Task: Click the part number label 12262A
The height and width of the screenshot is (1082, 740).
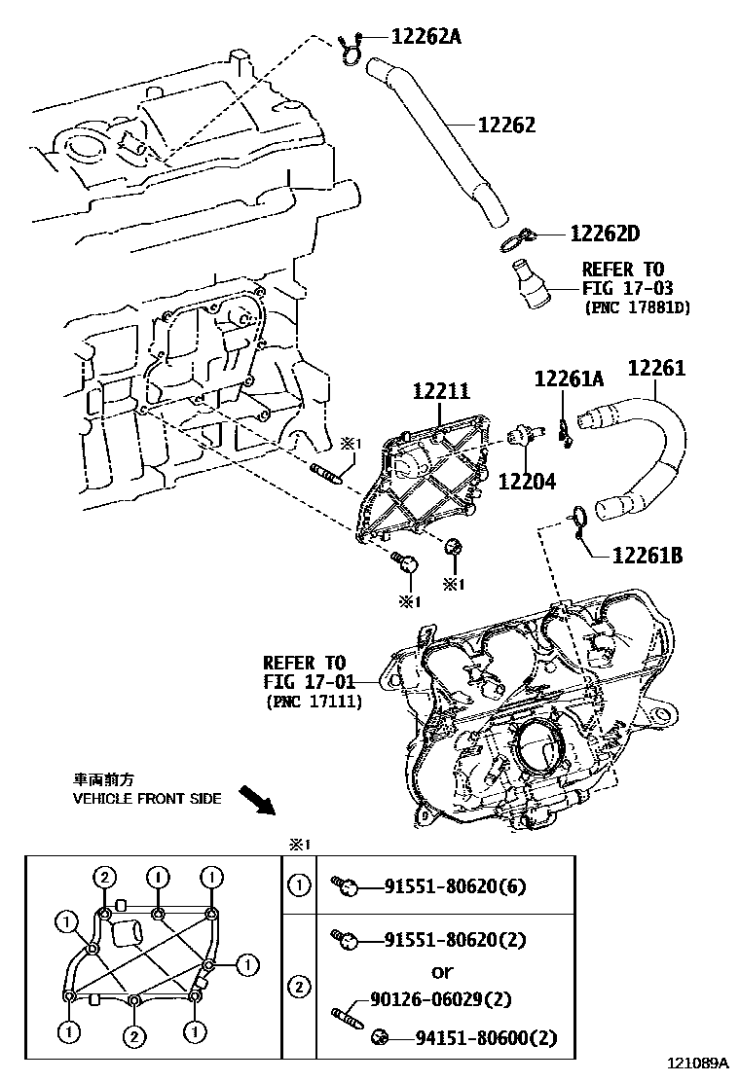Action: pos(425,37)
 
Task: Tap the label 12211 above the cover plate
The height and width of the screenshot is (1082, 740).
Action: pos(441,392)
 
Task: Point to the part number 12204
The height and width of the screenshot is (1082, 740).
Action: pos(528,481)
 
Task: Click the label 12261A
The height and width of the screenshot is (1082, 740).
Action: pos(569,379)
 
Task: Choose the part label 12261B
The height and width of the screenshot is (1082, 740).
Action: pos(647,556)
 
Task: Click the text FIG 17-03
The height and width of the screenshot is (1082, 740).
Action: pos(627,288)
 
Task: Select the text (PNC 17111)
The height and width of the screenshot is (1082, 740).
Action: pos(313,700)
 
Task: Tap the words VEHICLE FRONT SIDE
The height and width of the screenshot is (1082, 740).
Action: pos(147,799)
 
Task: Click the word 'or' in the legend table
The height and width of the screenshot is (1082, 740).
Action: pos(441,971)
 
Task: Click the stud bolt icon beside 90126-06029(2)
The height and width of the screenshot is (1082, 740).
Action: pos(348,1003)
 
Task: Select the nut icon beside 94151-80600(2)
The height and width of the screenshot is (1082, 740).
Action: pos(381,1039)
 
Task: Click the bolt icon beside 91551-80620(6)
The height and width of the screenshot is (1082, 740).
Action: pos(348,886)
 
